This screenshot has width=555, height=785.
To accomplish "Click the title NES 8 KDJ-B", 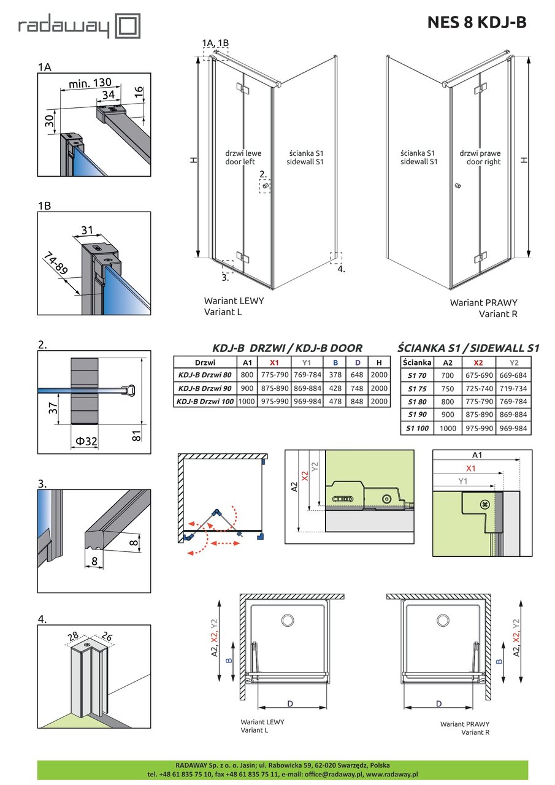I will (x=477, y=22).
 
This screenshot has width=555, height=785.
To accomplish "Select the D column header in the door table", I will (x=357, y=362).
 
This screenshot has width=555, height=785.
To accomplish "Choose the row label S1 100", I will (x=416, y=429).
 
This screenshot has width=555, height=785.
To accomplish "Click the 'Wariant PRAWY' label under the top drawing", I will (x=483, y=303).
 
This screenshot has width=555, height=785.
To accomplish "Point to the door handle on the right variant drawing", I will (x=457, y=186).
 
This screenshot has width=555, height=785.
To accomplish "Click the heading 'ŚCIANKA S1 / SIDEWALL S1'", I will (x=469, y=348).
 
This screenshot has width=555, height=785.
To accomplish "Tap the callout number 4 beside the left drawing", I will (x=342, y=269).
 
